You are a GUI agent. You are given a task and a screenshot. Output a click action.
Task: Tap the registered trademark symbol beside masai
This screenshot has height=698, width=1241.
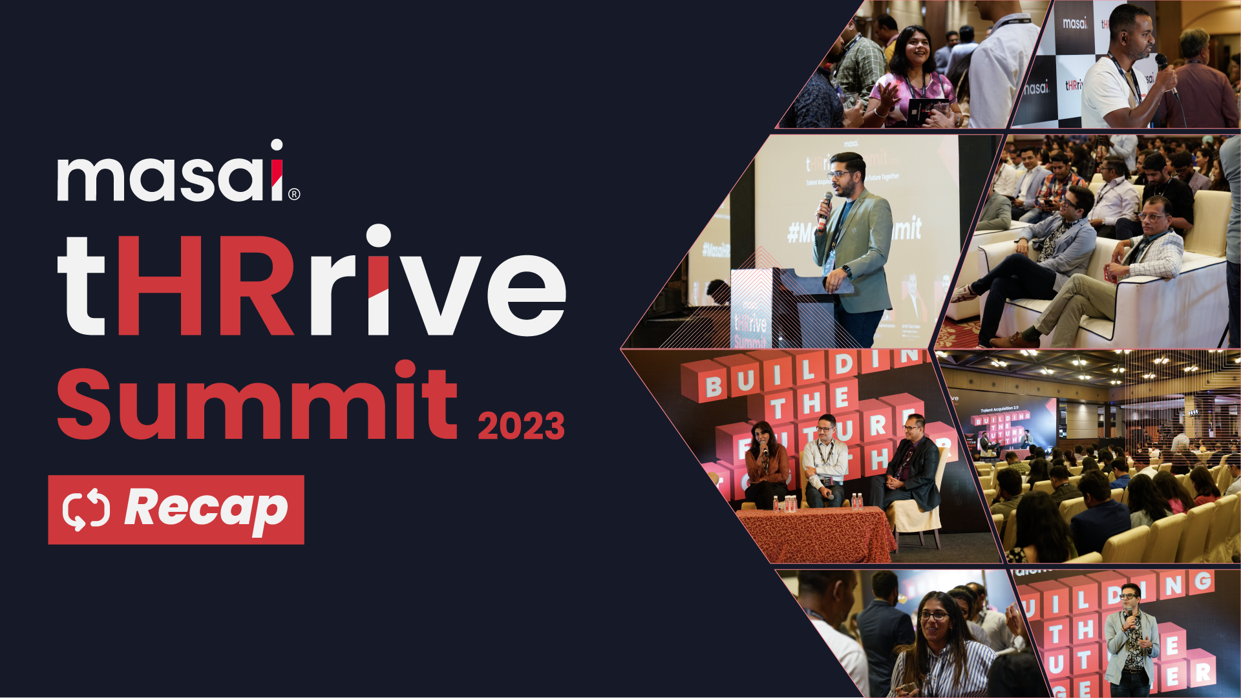(294, 194)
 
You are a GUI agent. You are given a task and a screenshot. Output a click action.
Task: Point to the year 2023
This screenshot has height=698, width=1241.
(521, 427)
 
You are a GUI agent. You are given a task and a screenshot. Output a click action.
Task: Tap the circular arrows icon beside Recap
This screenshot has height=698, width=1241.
(87, 510)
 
